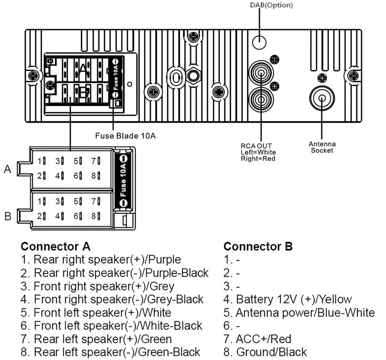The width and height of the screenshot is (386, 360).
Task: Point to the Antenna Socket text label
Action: (x=322, y=147)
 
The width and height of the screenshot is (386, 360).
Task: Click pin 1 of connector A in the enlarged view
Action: (x=41, y=161)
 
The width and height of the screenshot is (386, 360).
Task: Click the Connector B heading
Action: (x=258, y=246)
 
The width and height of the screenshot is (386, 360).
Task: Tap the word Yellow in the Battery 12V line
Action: (x=333, y=299)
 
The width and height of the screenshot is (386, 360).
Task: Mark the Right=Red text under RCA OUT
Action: (x=258, y=159)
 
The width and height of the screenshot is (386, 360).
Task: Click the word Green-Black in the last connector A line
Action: (x=173, y=352)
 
